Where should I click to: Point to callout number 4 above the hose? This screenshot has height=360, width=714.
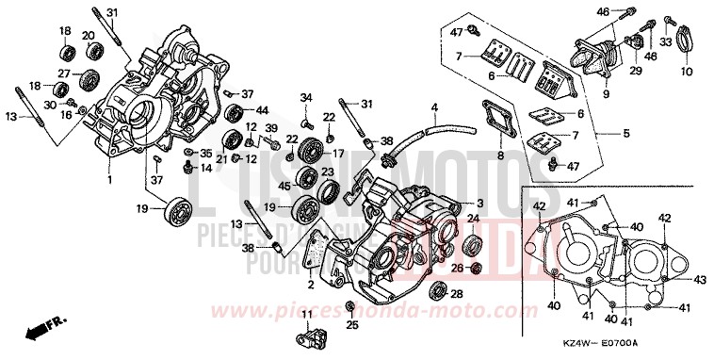(434, 109)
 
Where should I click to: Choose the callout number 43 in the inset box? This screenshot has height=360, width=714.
(700, 279)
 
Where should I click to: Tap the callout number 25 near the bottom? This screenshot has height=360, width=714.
(352, 326)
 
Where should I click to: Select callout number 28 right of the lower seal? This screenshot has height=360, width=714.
(457, 294)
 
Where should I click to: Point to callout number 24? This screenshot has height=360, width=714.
(475, 220)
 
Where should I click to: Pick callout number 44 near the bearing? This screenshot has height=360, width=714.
(262, 110)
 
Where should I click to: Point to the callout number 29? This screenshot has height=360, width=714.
(635, 71)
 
